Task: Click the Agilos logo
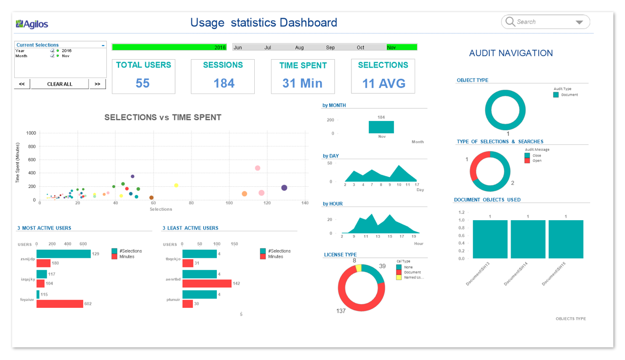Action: [32, 24]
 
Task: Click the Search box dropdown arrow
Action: [579, 22]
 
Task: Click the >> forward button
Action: [97, 84]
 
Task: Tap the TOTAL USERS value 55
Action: [143, 83]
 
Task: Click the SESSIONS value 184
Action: [223, 83]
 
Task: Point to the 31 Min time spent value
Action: [302, 83]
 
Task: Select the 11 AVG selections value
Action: [383, 83]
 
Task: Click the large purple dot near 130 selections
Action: [284, 188]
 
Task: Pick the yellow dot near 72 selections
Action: [176, 185]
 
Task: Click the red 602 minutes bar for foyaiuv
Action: [60, 304]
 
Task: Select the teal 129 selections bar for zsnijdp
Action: [63, 254]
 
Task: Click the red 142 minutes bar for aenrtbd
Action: [207, 284]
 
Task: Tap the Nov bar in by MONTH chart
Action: [381, 127]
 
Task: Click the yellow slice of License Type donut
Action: [359, 268]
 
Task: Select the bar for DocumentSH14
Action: [528, 239]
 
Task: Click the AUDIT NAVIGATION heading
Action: [511, 53]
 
